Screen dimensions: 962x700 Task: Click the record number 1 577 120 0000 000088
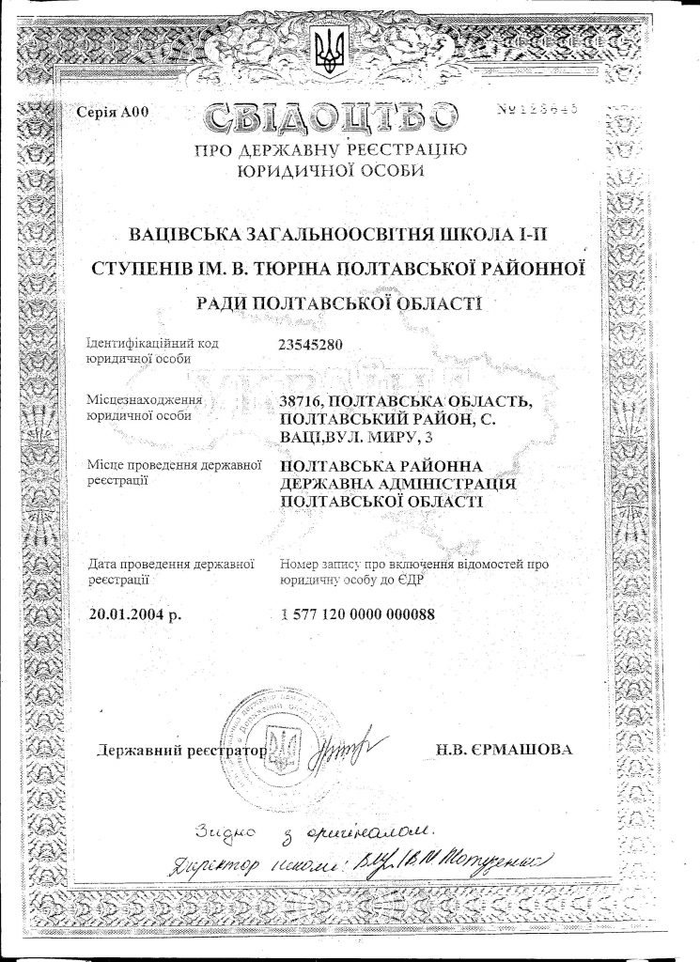click(x=360, y=614)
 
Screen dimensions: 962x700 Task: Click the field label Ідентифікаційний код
click(x=152, y=343)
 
